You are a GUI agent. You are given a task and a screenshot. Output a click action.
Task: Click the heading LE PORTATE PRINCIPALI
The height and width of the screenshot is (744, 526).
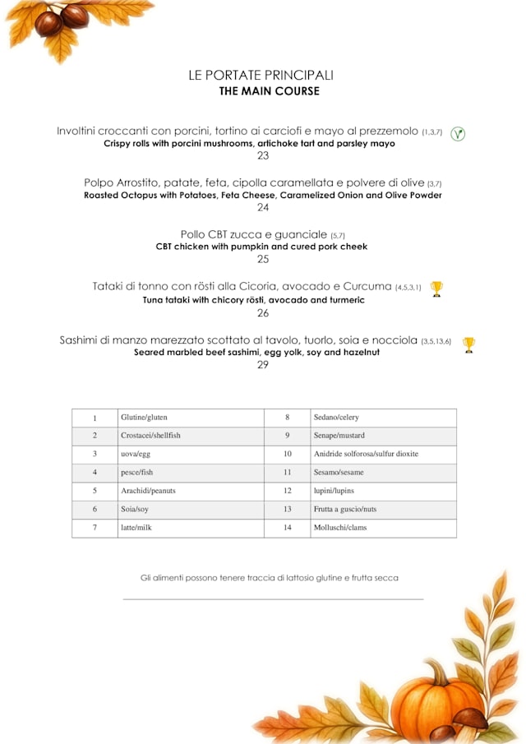[261, 76]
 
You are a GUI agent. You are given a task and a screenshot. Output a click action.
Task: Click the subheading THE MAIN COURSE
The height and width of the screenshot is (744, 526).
[269, 91]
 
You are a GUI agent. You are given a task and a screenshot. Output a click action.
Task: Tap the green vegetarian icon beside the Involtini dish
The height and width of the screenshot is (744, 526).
[458, 134]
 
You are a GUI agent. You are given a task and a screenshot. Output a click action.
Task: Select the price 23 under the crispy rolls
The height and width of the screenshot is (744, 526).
[263, 155]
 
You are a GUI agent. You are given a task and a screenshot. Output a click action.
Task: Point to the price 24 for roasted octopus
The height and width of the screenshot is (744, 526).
[263, 207]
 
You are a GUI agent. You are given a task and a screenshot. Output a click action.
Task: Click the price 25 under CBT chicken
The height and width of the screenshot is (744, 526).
[263, 259]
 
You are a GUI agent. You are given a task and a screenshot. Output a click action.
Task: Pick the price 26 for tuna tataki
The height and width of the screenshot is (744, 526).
[263, 312]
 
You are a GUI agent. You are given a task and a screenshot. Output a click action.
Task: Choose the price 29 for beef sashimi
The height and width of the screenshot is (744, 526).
[263, 364]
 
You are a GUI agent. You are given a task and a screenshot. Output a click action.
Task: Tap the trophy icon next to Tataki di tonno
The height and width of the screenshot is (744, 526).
[436, 288]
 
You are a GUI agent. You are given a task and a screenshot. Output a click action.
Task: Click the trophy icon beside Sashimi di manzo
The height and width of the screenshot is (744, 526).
[468, 344]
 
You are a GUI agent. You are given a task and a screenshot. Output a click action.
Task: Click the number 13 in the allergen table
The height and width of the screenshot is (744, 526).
[288, 510]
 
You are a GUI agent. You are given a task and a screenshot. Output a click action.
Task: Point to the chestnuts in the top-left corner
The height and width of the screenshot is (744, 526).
[62, 18]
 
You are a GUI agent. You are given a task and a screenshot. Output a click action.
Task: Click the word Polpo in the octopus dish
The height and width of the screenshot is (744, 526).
[99, 183]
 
